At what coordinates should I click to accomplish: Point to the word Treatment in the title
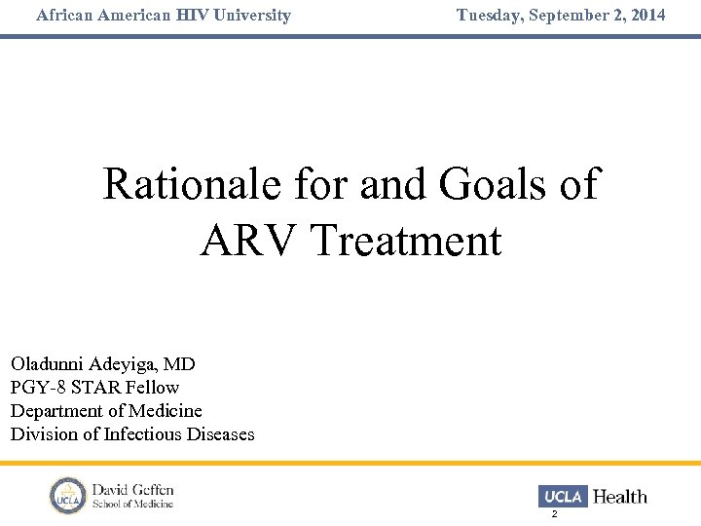(x=407, y=241)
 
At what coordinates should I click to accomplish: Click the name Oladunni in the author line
(x=48, y=364)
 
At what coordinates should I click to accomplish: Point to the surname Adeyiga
(x=124, y=364)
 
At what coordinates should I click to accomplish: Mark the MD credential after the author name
(x=179, y=364)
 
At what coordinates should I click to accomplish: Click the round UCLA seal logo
(x=67, y=495)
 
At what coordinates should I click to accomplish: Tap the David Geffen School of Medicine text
(x=132, y=495)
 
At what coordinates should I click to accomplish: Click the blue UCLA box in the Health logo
(x=563, y=497)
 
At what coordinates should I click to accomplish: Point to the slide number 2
(x=554, y=513)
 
